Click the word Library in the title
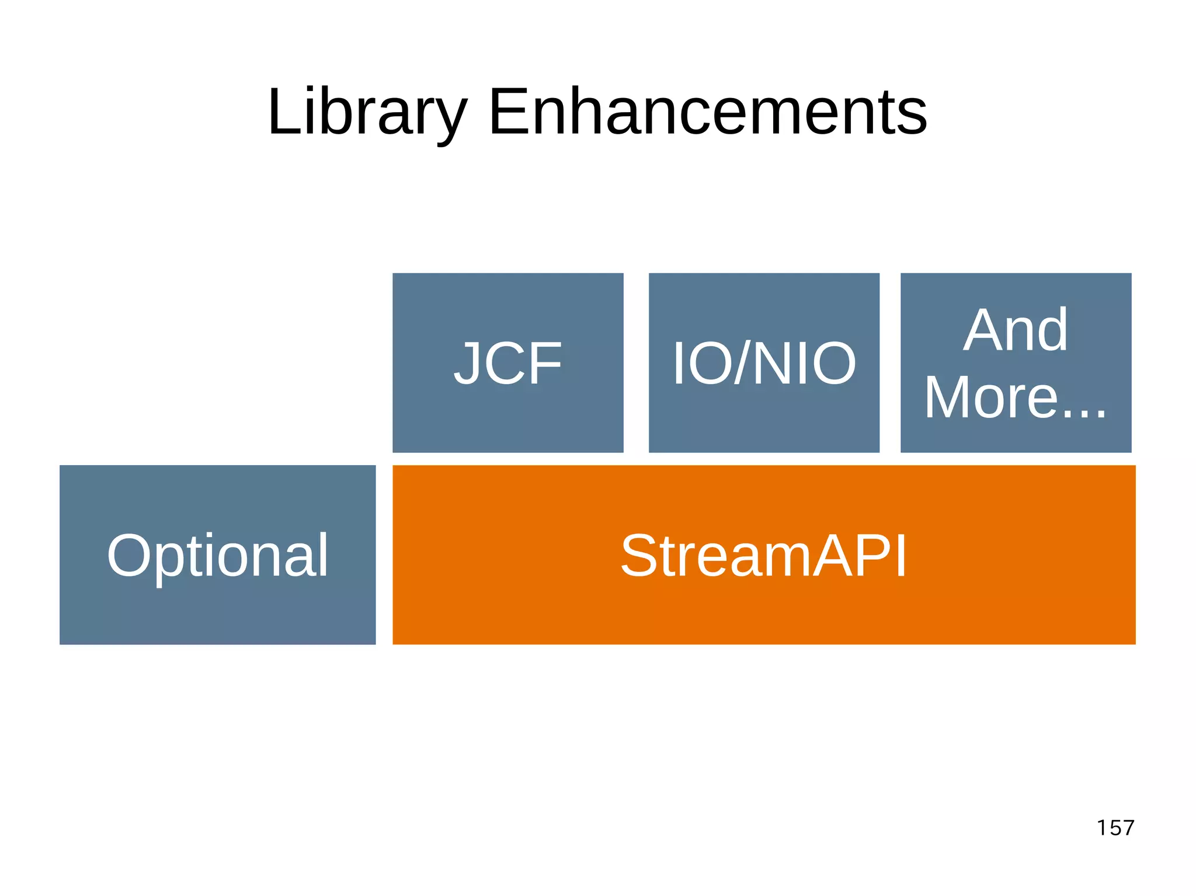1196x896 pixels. [x=367, y=112]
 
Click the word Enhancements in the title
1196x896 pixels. [x=707, y=112]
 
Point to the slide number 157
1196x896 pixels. [x=1115, y=828]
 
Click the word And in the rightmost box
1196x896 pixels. [x=1016, y=330]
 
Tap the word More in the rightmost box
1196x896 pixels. [x=991, y=398]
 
